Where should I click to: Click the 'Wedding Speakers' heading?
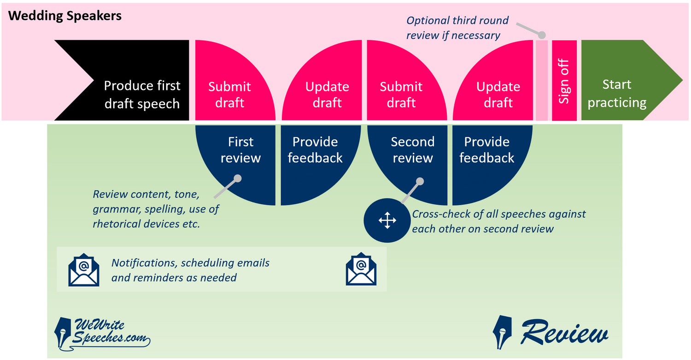tap(65, 16)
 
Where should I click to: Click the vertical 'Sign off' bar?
tap(564, 80)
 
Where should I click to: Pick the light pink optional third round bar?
tap(542, 80)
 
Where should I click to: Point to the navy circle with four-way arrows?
tap(387, 220)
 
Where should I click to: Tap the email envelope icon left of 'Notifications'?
tap(83, 270)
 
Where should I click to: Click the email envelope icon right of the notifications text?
tap(361, 269)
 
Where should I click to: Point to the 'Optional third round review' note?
tap(457, 28)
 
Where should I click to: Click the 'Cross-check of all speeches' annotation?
tap(498, 221)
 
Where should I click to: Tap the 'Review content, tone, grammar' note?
tap(156, 209)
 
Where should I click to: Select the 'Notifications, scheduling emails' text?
tap(190, 270)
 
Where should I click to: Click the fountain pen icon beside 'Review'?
tap(502, 332)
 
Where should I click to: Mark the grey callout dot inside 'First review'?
tap(238, 178)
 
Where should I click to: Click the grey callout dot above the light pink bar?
tap(542, 35)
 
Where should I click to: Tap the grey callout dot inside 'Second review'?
tap(420, 181)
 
